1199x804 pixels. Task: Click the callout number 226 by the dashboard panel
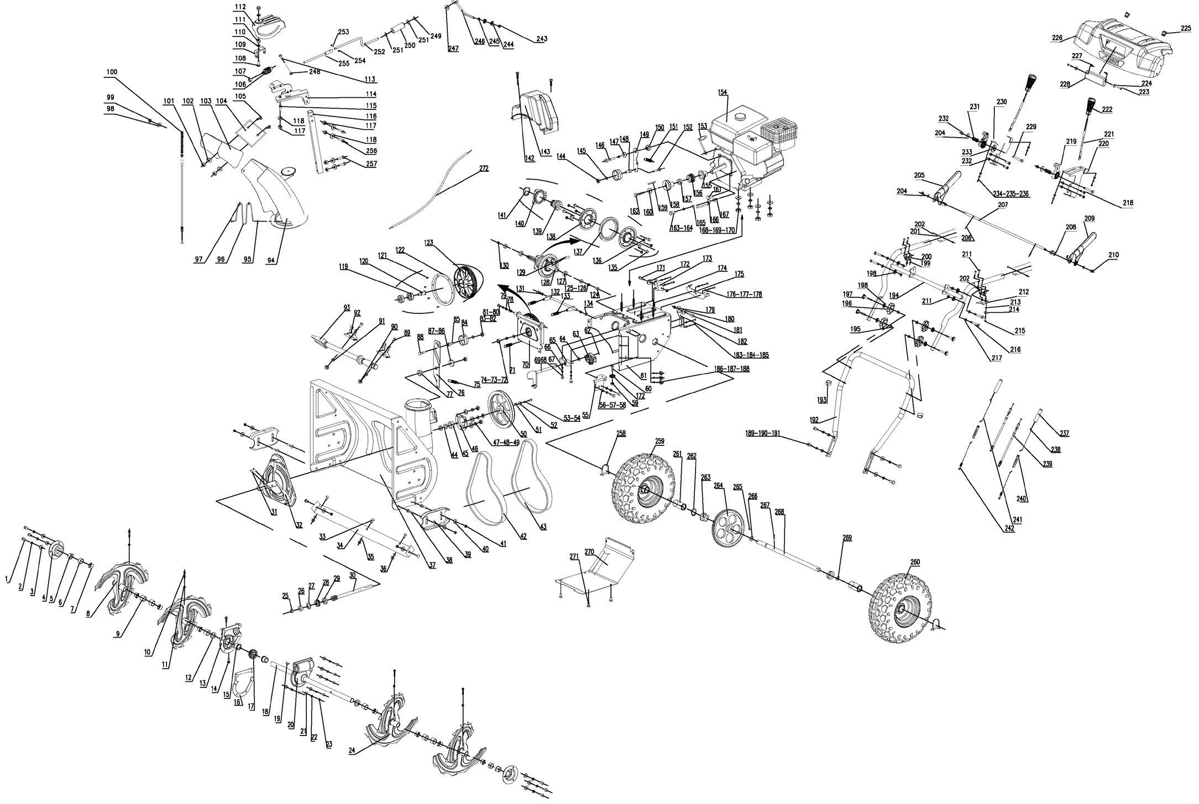[x=1057, y=38]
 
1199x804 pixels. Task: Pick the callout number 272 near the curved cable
[x=484, y=168]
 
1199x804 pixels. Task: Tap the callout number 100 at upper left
[x=112, y=72]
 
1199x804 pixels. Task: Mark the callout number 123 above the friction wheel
[x=429, y=241]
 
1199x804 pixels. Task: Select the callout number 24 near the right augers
[x=352, y=750]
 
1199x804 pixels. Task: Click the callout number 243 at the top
[x=542, y=39]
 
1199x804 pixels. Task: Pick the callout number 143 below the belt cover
[x=546, y=153]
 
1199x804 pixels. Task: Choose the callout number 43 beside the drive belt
[x=543, y=527]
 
